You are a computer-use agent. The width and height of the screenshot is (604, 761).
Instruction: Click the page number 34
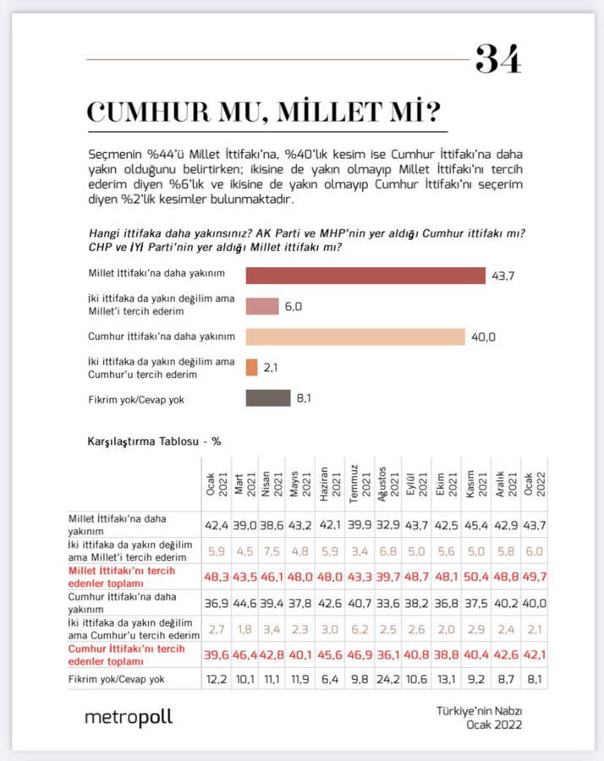[x=498, y=59]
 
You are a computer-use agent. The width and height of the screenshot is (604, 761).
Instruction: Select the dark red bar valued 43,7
[x=365, y=276]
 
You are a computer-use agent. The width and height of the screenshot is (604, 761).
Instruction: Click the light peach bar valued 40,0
[x=355, y=337]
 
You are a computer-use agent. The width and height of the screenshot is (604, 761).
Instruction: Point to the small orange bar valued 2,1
[x=251, y=368]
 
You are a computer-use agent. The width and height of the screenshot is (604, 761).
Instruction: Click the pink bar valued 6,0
[x=262, y=307]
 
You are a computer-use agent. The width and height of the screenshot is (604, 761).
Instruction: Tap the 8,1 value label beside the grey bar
[x=304, y=398]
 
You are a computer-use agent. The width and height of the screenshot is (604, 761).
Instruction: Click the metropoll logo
[x=128, y=718]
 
